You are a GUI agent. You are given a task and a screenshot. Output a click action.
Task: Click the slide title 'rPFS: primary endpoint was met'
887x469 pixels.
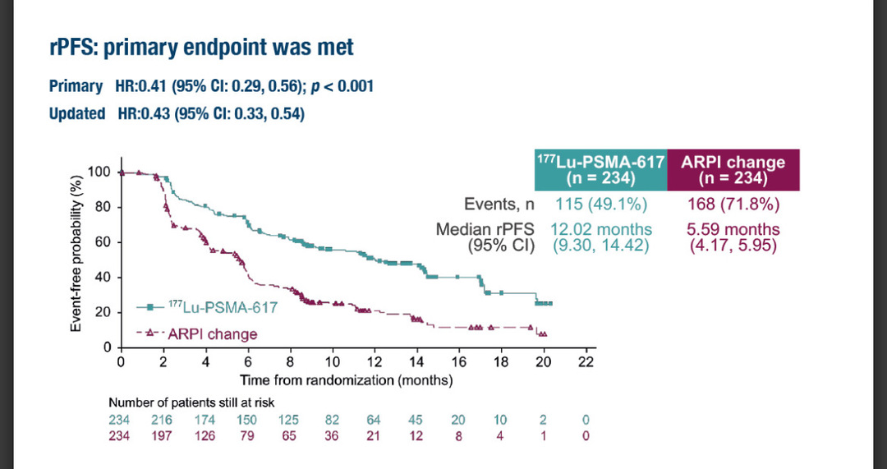click(x=201, y=48)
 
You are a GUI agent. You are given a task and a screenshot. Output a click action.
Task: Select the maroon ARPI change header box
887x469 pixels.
click(x=733, y=170)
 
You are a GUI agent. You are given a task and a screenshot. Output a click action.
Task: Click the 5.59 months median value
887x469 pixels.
click(x=733, y=230)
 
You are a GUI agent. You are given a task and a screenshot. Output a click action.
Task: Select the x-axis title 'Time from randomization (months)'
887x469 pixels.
click(x=346, y=380)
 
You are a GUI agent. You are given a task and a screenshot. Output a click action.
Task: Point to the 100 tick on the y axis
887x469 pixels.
click(x=99, y=172)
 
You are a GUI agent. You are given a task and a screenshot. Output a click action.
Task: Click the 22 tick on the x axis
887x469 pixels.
click(x=585, y=362)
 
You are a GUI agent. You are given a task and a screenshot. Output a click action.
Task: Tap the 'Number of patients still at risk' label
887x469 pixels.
click(x=191, y=402)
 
